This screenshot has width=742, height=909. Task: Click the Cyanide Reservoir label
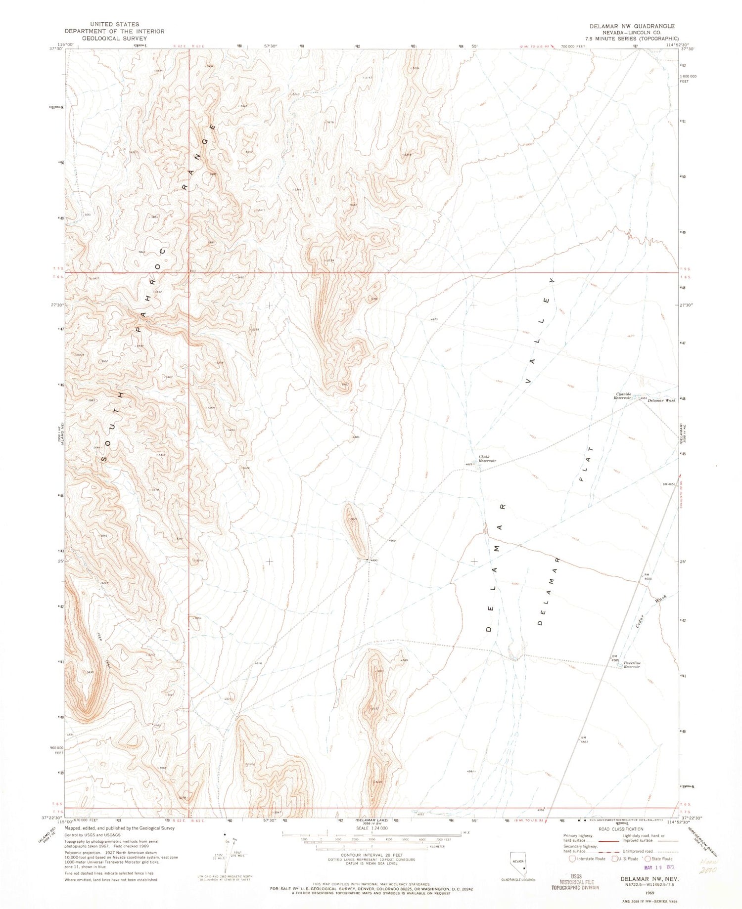click(x=623, y=396)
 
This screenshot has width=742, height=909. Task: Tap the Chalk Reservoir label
click(x=487, y=459)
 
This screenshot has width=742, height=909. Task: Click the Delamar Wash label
click(x=661, y=400)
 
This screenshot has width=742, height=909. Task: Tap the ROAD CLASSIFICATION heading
click(x=621, y=829)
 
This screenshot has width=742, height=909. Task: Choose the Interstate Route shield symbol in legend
click(x=572, y=859)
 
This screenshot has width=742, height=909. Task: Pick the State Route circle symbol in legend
click(x=648, y=859)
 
